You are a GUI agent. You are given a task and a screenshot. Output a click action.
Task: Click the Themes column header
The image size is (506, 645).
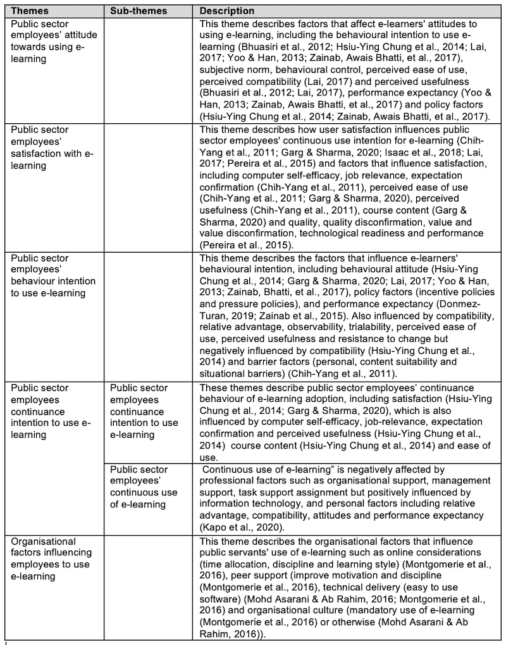30,11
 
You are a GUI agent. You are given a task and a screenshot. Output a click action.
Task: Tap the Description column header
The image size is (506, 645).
227,11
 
